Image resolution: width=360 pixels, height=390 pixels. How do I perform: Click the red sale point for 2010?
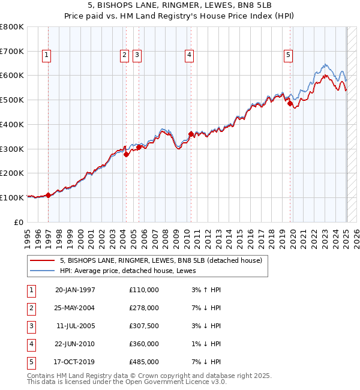point(191,134)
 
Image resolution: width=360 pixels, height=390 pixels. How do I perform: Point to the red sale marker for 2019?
point(290,103)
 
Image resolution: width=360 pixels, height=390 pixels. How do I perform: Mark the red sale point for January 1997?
point(49,195)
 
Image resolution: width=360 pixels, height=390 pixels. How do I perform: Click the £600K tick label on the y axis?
point(12,76)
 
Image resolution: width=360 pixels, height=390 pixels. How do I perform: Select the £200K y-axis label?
point(12,173)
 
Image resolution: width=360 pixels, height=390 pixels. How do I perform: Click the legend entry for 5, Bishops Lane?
point(161,260)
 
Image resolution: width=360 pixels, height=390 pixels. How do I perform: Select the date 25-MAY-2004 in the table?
point(75,308)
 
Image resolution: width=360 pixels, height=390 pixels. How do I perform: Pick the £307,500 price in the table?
point(144,326)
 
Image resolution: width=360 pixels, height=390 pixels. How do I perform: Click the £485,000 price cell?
point(144,362)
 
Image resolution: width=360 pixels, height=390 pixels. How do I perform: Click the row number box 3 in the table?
point(31,326)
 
